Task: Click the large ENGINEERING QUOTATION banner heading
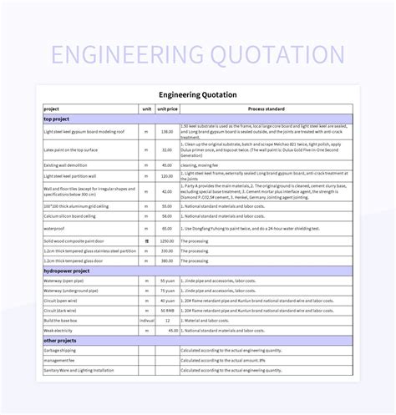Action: coord(197,55)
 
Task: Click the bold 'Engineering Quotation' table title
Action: coord(197,94)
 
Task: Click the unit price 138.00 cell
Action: coord(166,131)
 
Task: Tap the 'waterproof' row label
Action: coord(54,228)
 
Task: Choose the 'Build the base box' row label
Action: coord(62,321)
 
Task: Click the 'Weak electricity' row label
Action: coord(60,331)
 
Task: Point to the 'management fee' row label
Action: coord(58,360)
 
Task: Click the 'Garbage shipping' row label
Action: coord(60,350)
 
